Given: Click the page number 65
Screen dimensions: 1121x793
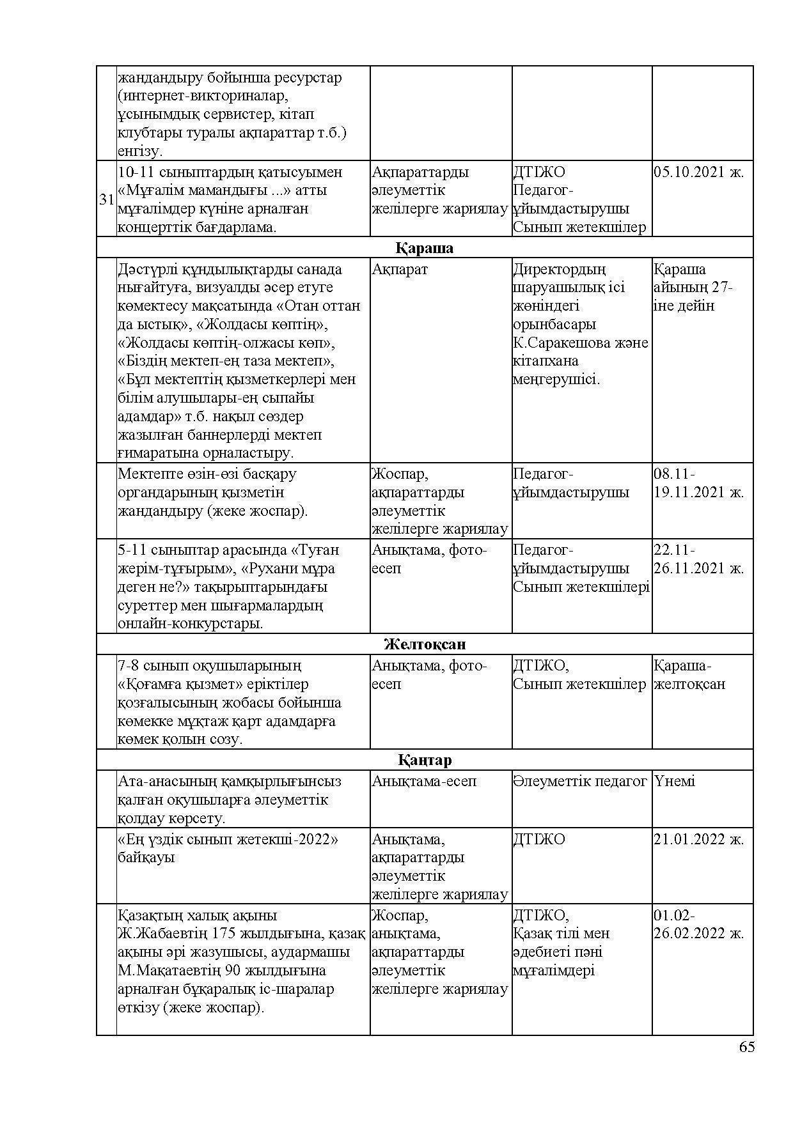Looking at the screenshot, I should (746, 1047).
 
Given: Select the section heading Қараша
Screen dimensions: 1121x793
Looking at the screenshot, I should (424, 248).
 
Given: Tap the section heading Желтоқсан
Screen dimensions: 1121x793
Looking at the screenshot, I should (425, 644).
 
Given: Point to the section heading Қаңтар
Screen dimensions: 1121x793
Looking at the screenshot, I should (425, 760).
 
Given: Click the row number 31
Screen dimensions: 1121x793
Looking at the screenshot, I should (106, 199).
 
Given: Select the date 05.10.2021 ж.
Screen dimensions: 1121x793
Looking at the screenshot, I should (698, 172).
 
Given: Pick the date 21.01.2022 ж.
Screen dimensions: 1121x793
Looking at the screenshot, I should (698, 839).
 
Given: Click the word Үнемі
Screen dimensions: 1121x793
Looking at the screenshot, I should (674, 781).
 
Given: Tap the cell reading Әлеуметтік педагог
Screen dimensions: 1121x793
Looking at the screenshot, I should (580, 781).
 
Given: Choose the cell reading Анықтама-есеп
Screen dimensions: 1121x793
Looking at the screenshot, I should (424, 781).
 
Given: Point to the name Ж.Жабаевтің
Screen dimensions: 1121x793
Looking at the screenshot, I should (154, 934).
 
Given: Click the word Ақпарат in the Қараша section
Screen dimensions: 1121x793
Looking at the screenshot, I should (400, 269).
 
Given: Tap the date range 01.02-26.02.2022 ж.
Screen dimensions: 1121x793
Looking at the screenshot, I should (698, 924).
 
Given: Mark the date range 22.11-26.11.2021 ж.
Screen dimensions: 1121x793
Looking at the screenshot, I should (698, 559).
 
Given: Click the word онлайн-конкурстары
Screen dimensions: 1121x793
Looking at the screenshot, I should (190, 624).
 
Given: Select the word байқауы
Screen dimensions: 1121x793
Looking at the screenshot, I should (146, 857).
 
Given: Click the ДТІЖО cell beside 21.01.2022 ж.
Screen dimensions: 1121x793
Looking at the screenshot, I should (539, 839).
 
